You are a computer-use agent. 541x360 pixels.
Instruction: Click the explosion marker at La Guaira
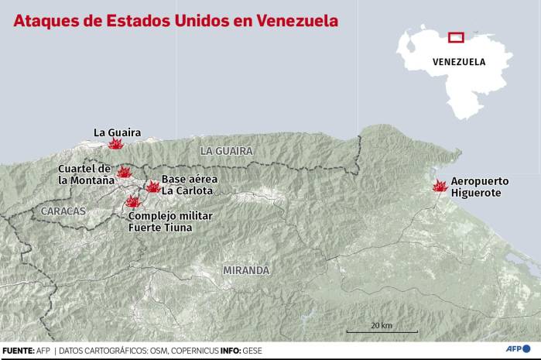[115, 144]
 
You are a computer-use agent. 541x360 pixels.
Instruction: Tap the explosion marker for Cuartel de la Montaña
[124, 172]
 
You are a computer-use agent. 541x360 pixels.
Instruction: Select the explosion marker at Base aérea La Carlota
[152, 187]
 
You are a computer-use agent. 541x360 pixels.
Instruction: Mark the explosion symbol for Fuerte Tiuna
[133, 202]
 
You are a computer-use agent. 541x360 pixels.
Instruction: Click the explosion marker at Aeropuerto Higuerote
[440, 186]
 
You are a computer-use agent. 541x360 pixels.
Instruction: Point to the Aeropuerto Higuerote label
[480, 187]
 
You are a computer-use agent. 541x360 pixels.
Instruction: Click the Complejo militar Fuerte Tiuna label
[169, 221]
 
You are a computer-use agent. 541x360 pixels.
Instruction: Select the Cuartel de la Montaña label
[86, 174]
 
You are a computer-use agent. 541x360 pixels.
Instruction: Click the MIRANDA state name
[246, 270]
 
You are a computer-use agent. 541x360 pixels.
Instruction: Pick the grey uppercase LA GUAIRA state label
[226, 150]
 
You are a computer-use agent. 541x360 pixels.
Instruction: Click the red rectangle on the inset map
[456, 36]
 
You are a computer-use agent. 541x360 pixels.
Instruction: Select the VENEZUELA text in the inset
[459, 62]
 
